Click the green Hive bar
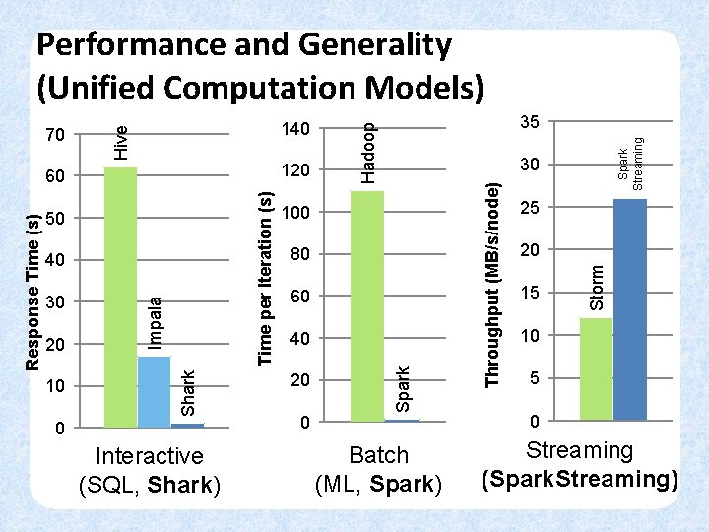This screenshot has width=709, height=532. [120, 296]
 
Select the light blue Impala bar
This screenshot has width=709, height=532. [154, 391]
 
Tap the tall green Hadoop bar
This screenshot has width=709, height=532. [366, 305]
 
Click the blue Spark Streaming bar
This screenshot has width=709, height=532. [630, 309]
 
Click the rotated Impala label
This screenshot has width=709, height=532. [155, 321]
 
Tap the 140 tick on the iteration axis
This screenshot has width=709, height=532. [295, 129]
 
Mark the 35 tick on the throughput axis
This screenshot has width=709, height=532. [529, 122]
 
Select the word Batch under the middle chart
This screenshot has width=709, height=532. [378, 456]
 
